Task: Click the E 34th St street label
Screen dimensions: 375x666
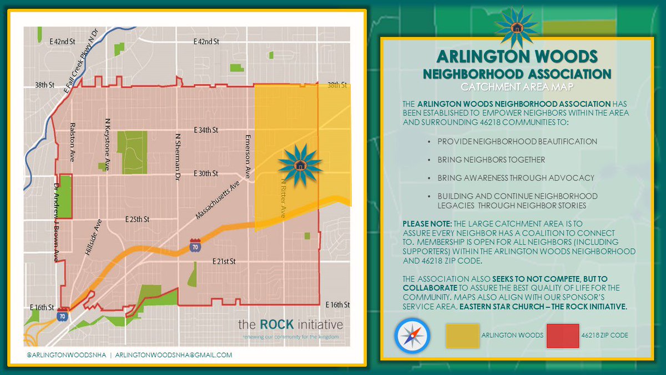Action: (206, 130)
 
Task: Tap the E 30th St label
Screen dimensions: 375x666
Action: (206, 174)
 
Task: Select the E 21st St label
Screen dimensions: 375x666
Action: (224, 261)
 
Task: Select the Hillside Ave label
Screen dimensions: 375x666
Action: (93, 236)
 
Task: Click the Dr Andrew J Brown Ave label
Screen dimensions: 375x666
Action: (57, 220)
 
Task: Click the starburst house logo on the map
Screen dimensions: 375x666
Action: (300, 164)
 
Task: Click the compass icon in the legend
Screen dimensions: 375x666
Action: (412, 335)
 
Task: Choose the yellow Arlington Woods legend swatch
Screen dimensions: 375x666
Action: (462, 336)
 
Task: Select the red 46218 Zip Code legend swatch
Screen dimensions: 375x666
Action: (562, 336)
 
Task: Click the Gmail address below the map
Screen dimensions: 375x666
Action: (174, 355)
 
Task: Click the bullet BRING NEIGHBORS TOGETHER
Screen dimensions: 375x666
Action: (491, 159)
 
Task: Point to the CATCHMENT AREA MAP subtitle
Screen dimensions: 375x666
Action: (516, 87)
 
